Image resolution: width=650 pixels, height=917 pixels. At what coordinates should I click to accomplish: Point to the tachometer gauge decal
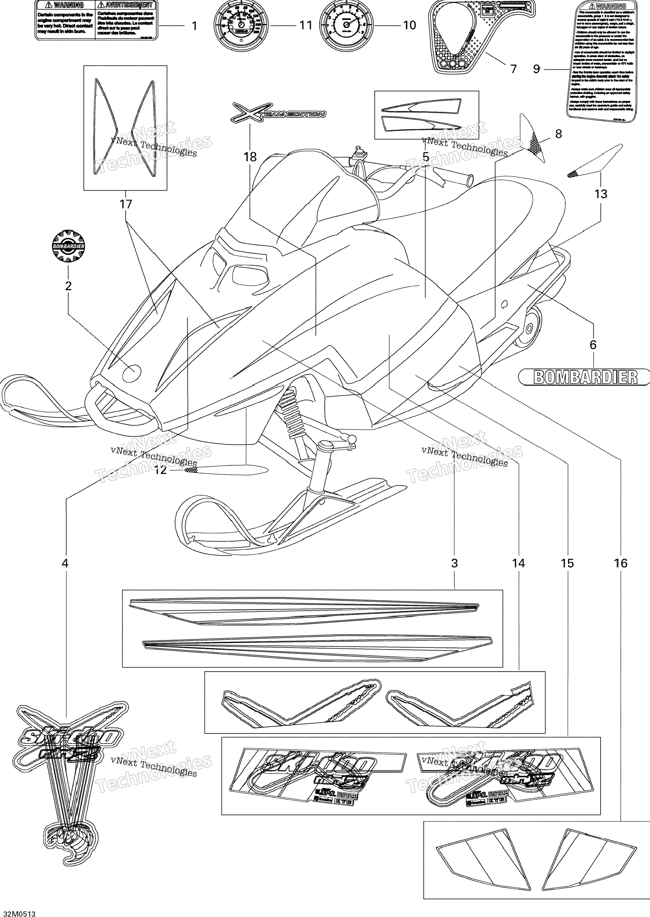pos(346,25)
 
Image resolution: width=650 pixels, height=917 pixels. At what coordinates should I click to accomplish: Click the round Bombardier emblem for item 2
pos(68,246)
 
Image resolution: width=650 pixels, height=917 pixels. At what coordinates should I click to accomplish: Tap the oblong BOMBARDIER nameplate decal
pos(584,377)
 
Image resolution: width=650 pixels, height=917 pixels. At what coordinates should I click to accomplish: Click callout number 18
pos(250,157)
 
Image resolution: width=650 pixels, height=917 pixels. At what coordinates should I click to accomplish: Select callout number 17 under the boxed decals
pos(125,204)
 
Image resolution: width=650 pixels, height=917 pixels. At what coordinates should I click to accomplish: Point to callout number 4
pos(65,563)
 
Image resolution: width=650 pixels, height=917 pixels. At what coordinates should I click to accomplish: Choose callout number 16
pos(620,563)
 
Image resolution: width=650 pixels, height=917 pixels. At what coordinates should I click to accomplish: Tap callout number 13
pos(600,194)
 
